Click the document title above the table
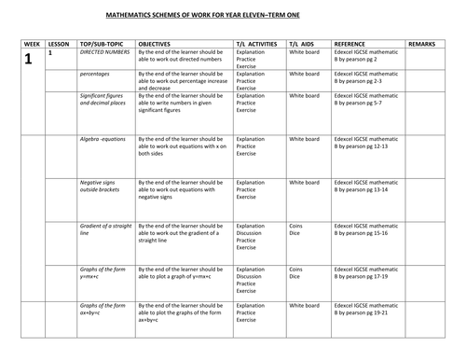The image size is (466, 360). [233, 17]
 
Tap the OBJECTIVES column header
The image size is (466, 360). [154, 44]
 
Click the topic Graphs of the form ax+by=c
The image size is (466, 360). [101, 311]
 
